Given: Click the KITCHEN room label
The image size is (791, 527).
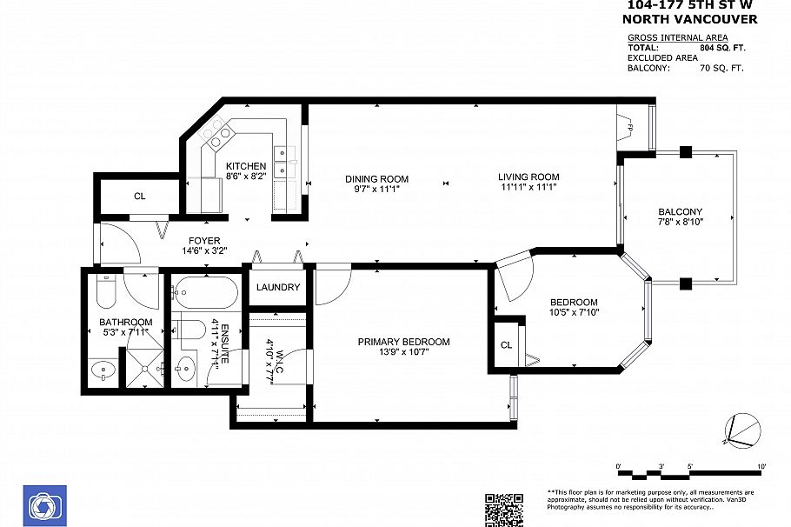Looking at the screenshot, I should coord(246,166).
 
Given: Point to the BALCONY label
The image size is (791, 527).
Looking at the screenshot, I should coord(680,212).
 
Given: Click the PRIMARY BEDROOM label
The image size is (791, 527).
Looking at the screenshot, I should coord(403,342).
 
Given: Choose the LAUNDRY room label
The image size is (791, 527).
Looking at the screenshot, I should coord(278,288).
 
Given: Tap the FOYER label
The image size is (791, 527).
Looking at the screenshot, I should coord(201,241).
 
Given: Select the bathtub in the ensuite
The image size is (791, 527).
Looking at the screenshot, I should coord(204,295).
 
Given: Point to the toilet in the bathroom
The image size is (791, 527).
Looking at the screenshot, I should coord(105,294).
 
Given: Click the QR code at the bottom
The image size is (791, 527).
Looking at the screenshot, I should coord(503,510).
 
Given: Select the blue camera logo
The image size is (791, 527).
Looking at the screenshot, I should coord(41,505).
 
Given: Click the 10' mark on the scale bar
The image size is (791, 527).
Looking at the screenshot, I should coord(761,467).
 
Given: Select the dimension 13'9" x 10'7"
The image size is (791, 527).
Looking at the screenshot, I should coord(403,352).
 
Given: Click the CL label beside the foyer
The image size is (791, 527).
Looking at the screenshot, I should coord(140,197).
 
